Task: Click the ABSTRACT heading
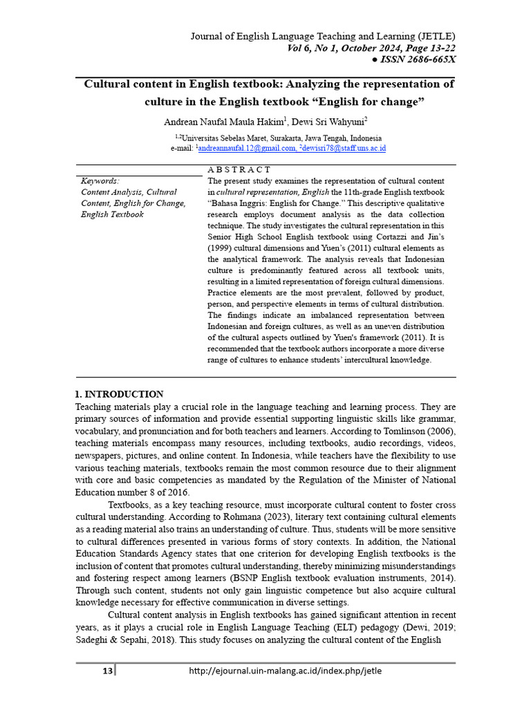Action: pyautogui.click(x=239, y=170)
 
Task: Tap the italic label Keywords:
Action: pyautogui.click(x=100, y=181)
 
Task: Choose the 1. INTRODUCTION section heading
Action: pyautogui.click(x=119, y=395)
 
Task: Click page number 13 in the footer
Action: pyautogui.click(x=107, y=670)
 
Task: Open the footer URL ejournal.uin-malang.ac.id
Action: pyautogui.click(x=285, y=670)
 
